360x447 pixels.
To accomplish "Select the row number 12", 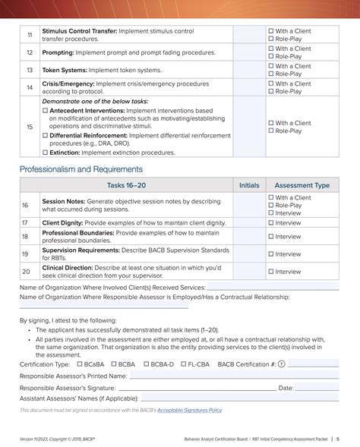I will click(x=30, y=52).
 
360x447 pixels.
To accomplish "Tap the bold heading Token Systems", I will click(x=65, y=70).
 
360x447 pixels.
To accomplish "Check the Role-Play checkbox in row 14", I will click(x=270, y=91).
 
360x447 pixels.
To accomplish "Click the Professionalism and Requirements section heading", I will click(x=81, y=169).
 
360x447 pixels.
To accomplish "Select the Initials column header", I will click(x=248, y=184).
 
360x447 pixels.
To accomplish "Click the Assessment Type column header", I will click(x=302, y=184).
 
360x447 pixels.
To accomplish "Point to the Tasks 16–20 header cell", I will click(x=126, y=184).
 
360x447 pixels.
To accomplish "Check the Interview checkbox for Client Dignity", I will click(x=270, y=223).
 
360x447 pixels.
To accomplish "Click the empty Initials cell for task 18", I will click(x=248, y=237).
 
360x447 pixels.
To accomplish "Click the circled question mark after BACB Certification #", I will click(x=282, y=364).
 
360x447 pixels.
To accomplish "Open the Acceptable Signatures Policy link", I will click(x=190, y=410).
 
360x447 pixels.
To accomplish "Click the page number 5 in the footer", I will click(x=338, y=439).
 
